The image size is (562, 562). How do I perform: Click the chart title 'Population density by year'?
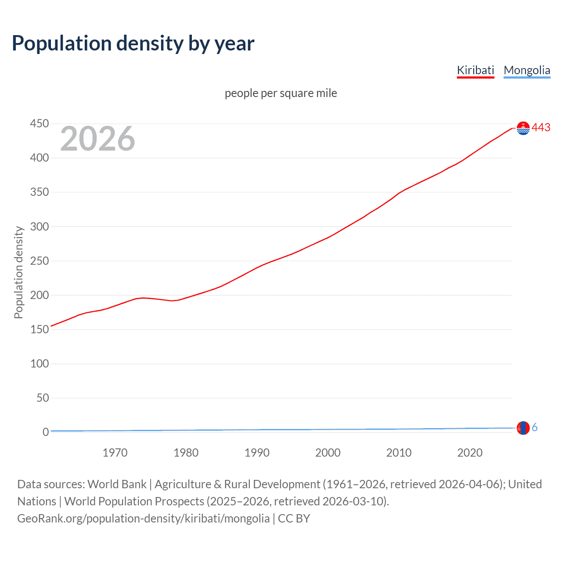pos(133,43)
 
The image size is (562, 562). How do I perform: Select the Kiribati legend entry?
pos(476,70)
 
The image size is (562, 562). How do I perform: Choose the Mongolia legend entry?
pos(527,70)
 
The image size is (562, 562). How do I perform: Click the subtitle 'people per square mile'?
pos(281,93)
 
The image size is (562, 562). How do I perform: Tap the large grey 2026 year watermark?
pos(97,139)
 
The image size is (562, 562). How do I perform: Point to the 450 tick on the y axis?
pos(40,124)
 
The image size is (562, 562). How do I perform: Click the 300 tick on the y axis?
pos(40,227)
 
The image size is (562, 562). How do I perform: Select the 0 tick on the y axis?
pos(46,432)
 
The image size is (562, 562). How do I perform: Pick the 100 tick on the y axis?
pos(40,364)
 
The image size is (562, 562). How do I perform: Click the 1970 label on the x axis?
pos(115,453)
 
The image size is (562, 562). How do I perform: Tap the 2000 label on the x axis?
pos(328,453)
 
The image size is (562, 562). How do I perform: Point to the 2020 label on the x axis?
pos(470,453)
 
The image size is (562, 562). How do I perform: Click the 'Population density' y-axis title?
pos(18,272)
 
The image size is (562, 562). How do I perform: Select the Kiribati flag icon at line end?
pos(523,128)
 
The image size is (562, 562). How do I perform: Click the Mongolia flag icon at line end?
pos(523,428)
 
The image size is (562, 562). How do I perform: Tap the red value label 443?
pos(541,127)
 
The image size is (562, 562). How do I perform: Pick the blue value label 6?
pos(535,427)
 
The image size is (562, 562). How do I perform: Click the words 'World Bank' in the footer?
pos(117,484)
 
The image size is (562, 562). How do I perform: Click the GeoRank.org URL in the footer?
pos(143,519)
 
